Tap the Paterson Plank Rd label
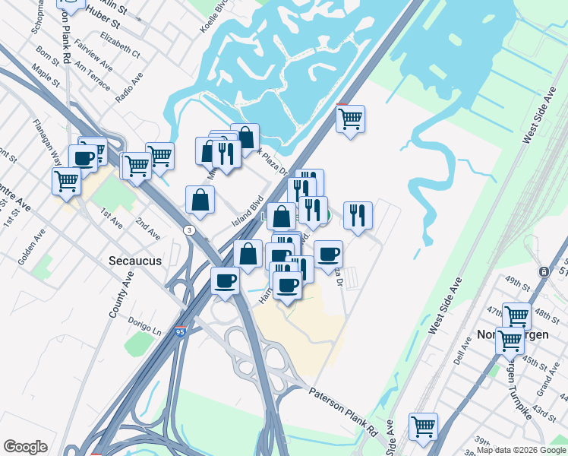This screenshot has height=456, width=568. tap(344, 410)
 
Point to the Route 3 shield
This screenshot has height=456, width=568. tap(188, 230)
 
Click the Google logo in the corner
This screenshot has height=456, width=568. tap(25, 447)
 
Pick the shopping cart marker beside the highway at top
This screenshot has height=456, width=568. tap(350, 118)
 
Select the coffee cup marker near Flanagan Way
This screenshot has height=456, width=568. tap(83, 158)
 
